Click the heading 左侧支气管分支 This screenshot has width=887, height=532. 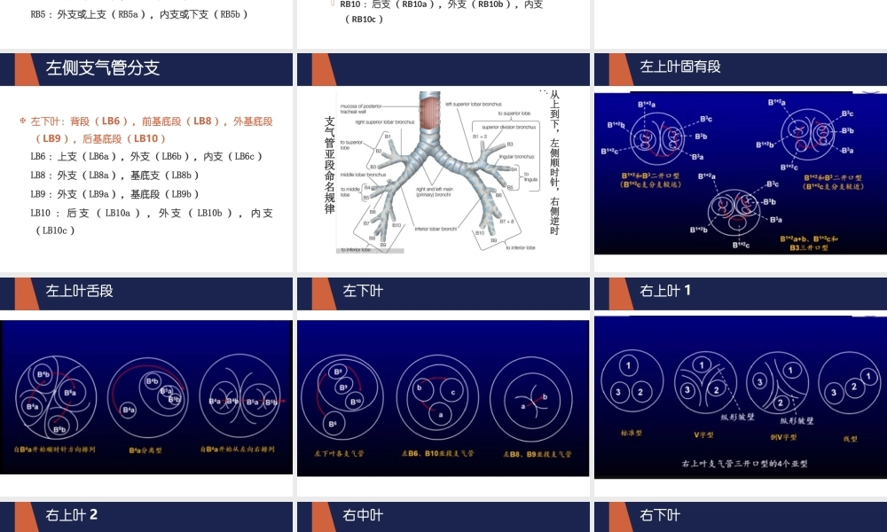tap(103, 68)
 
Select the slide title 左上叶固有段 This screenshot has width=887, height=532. tap(680, 67)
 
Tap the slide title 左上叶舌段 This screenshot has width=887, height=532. tap(80, 291)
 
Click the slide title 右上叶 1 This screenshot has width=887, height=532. tap(665, 291)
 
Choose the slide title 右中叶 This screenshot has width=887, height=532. tap(363, 515)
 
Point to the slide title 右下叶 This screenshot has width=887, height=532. tap(660, 515)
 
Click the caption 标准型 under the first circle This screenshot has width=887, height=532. tap(631, 434)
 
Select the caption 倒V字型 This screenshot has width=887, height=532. tap(782, 436)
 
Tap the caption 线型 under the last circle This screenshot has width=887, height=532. tap(850, 438)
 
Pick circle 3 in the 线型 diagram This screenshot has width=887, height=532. tap(834, 391)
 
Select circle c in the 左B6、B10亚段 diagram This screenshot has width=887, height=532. tap(452, 392)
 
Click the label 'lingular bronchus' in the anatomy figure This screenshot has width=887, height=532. tap(518, 156)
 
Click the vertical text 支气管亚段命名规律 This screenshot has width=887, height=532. tap(330, 164)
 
